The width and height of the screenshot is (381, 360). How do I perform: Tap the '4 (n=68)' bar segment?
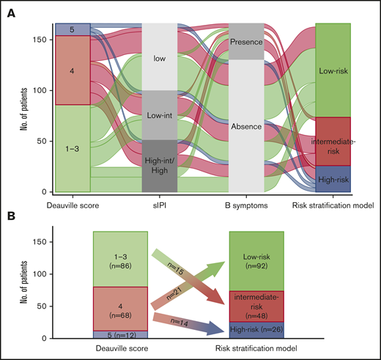pyautogui.click(x=119, y=309)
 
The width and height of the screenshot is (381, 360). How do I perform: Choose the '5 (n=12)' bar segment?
pyautogui.click(x=119, y=334)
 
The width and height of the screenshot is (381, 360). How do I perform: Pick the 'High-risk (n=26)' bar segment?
pyautogui.click(x=256, y=329)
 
